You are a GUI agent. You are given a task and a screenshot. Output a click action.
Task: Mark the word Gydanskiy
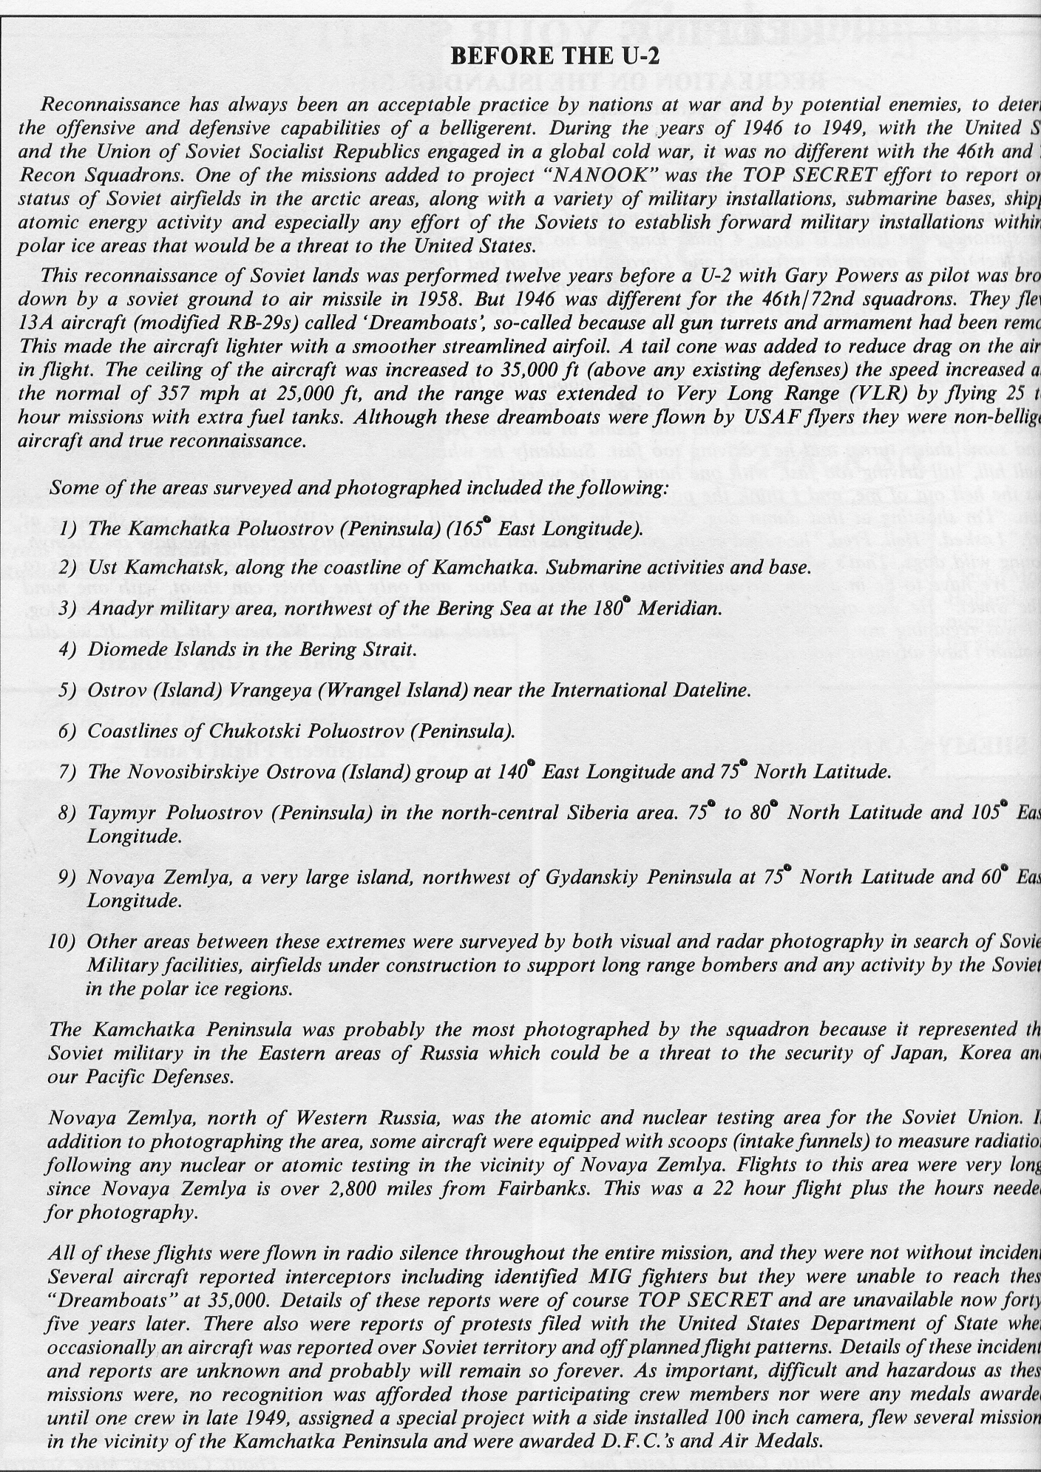click(x=593, y=877)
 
